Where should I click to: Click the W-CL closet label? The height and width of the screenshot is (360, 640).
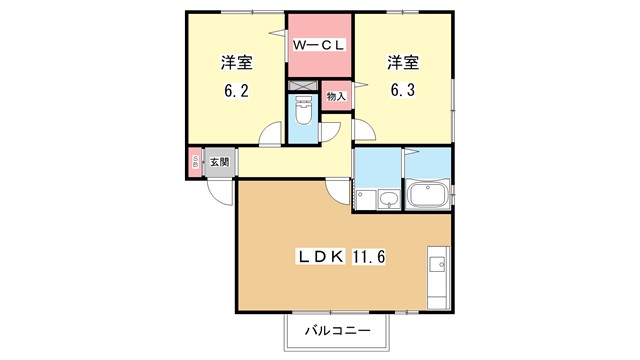[x=319, y=45]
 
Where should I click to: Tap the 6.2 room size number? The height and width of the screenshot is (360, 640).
[x=236, y=91]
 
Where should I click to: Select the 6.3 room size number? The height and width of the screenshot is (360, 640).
[x=403, y=90]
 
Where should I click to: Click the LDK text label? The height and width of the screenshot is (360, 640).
[x=320, y=257]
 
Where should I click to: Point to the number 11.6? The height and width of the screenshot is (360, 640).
[x=369, y=257]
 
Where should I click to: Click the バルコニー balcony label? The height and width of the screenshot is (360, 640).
[x=338, y=330]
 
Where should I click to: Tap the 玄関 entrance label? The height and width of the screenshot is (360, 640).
[x=219, y=162]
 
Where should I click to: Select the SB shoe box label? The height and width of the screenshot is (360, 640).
[x=195, y=162]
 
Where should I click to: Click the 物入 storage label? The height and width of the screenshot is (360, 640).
[x=336, y=97]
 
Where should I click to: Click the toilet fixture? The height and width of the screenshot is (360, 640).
[x=303, y=110]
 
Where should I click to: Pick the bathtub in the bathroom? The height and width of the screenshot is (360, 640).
[x=427, y=195]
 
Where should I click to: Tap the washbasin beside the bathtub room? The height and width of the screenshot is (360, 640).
[x=388, y=200]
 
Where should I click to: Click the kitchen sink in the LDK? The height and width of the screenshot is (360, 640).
[x=438, y=264]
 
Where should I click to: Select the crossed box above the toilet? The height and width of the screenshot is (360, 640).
[x=302, y=85]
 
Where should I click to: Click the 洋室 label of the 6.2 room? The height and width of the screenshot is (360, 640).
[x=236, y=63]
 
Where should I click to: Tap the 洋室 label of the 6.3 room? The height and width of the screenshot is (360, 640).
[x=403, y=62]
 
